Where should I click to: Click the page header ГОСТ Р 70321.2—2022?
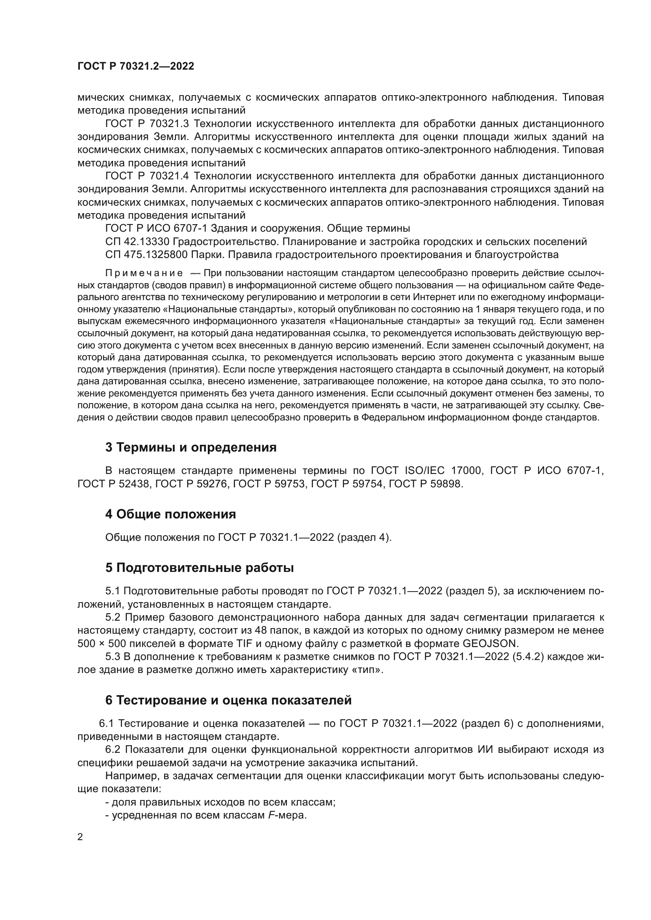(135, 66)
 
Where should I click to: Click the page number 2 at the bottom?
(80, 837)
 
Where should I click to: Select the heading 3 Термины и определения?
(191, 447)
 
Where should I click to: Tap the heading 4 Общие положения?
(170, 514)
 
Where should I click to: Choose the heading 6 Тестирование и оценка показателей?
(229, 700)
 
